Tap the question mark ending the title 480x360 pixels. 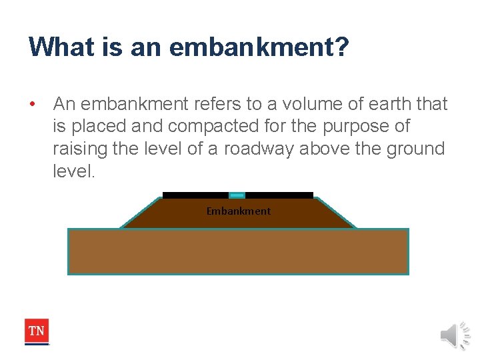click(341, 47)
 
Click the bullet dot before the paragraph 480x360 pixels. click(32, 104)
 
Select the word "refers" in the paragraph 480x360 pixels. click(205, 104)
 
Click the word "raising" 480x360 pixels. click(79, 148)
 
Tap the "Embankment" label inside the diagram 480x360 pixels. click(239, 211)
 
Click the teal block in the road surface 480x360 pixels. click(237, 195)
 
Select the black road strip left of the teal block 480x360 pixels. click(195, 195)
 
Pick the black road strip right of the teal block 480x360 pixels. click(279, 195)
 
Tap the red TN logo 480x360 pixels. click(37, 331)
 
